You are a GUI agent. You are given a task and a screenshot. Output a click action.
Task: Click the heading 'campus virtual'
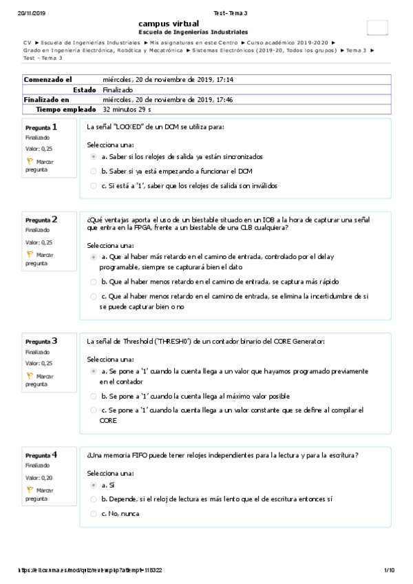click(x=168, y=23)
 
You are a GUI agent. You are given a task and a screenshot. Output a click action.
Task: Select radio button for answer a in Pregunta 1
click(x=94, y=157)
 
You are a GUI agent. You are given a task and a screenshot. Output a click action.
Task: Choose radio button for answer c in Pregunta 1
click(x=94, y=185)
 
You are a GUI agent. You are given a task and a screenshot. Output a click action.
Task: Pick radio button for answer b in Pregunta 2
click(x=94, y=282)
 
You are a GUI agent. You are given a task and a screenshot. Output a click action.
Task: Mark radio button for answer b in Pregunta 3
click(x=94, y=396)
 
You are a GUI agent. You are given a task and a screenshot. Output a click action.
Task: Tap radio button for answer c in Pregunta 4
click(x=94, y=513)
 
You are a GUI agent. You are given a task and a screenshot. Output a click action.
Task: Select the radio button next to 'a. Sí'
click(x=94, y=485)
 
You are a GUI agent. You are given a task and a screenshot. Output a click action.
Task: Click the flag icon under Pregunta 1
click(x=30, y=161)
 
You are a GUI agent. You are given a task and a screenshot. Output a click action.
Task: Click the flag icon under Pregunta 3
click(x=30, y=376)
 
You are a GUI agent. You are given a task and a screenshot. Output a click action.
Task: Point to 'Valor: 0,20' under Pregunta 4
click(x=39, y=477)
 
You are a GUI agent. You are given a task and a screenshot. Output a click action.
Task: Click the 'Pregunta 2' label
click(x=41, y=220)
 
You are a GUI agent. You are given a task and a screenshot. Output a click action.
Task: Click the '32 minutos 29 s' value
click(x=127, y=109)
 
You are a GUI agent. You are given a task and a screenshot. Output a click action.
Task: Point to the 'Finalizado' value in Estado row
click(x=118, y=90)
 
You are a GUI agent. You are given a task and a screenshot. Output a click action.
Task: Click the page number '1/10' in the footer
click(x=389, y=570)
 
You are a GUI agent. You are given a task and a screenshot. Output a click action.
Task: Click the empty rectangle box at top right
click(x=377, y=28)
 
